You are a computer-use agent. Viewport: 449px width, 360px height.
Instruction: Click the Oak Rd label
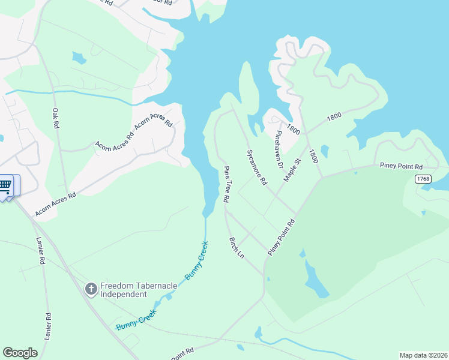pyautogui.click(x=56, y=118)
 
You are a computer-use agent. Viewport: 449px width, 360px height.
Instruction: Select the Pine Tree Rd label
pyautogui.click(x=226, y=184)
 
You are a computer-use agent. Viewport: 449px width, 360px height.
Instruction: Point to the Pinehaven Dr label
pyautogui.click(x=279, y=147)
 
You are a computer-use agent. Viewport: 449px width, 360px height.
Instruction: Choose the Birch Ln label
pyautogui.click(x=237, y=247)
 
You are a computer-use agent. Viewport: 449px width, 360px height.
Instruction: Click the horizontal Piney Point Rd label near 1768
pyautogui.click(x=402, y=166)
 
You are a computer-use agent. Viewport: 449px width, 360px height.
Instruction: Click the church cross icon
pyautogui.click(x=91, y=290)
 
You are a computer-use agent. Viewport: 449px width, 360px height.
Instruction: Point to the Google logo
pyautogui.click(x=20, y=353)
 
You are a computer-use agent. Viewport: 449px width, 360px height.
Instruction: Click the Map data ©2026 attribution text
pyautogui.click(x=424, y=355)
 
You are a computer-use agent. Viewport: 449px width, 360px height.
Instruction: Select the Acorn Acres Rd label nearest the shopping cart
pyautogui.click(x=56, y=204)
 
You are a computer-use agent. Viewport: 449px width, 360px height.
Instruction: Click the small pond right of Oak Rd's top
pyautogui.click(x=79, y=58)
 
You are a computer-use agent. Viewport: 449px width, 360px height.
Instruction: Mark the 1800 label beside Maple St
pyautogui.click(x=313, y=157)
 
